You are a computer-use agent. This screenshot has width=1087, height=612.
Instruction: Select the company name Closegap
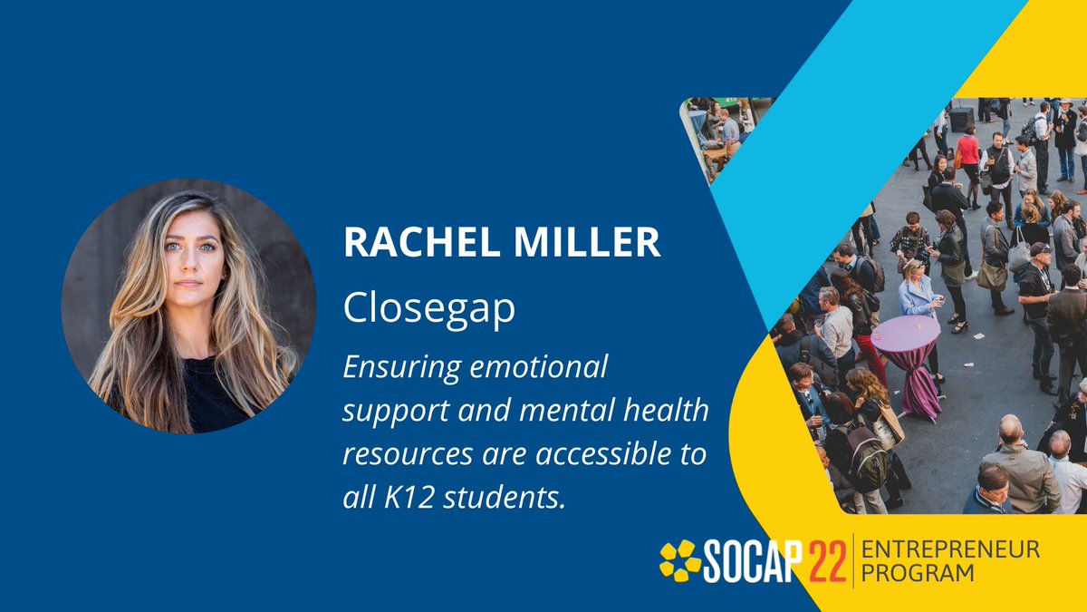[428, 309]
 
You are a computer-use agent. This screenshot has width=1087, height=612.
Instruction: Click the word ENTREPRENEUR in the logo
[949, 549]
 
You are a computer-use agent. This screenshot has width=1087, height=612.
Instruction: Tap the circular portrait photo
[188, 306]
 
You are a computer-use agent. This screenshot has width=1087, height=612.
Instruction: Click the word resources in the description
[407, 454]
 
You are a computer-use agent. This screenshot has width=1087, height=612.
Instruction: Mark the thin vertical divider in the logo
[853, 561]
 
